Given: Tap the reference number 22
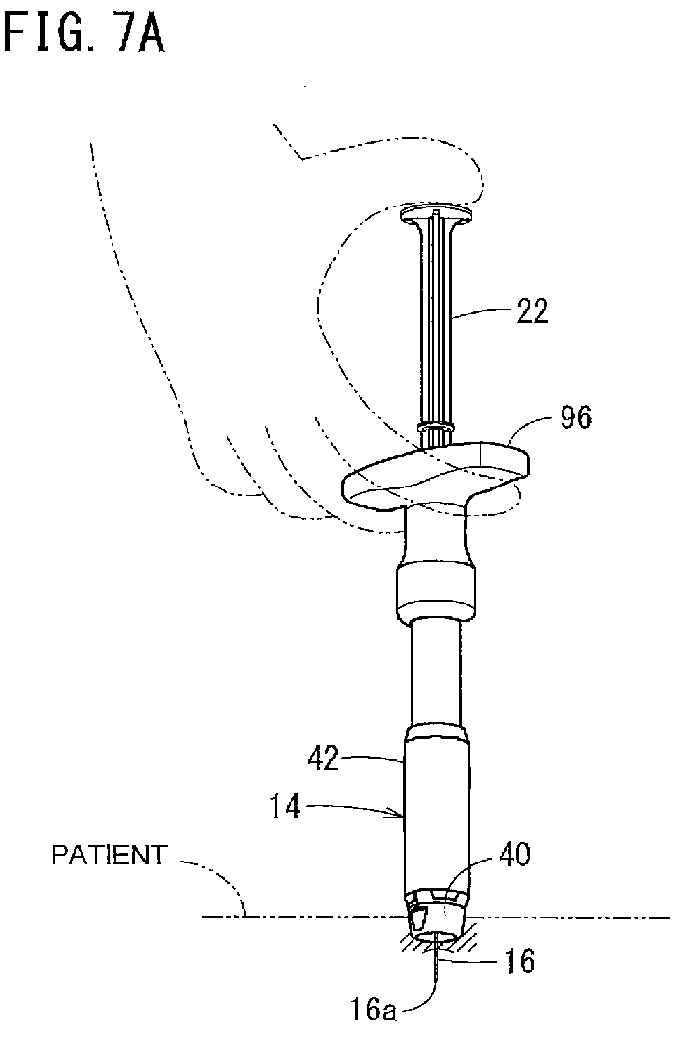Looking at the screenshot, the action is pyautogui.click(x=532, y=311).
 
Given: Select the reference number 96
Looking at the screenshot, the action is pyautogui.click(x=575, y=417).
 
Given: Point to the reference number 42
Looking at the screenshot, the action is pyautogui.click(x=323, y=759).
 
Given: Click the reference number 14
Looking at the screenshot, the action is pyautogui.click(x=285, y=807).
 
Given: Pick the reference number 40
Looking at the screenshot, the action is pyautogui.click(x=515, y=855).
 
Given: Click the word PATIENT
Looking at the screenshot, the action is pyautogui.click(x=110, y=855).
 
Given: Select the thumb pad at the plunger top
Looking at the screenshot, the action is pyautogui.click(x=436, y=215).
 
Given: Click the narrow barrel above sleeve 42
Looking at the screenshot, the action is pyautogui.click(x=436, y=672).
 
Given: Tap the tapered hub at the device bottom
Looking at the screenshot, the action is pyautogui.click(x=436, y=917).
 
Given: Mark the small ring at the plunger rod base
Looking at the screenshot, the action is pyautogui.click(x=436, y=428).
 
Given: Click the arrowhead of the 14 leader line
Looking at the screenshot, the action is pyautogui.click(x=400, y=814).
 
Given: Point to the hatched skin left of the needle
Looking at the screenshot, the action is pyautogui.click(x=413, y=943).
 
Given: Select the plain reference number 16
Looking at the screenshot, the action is pyautogui.click(x=520, y=961).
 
